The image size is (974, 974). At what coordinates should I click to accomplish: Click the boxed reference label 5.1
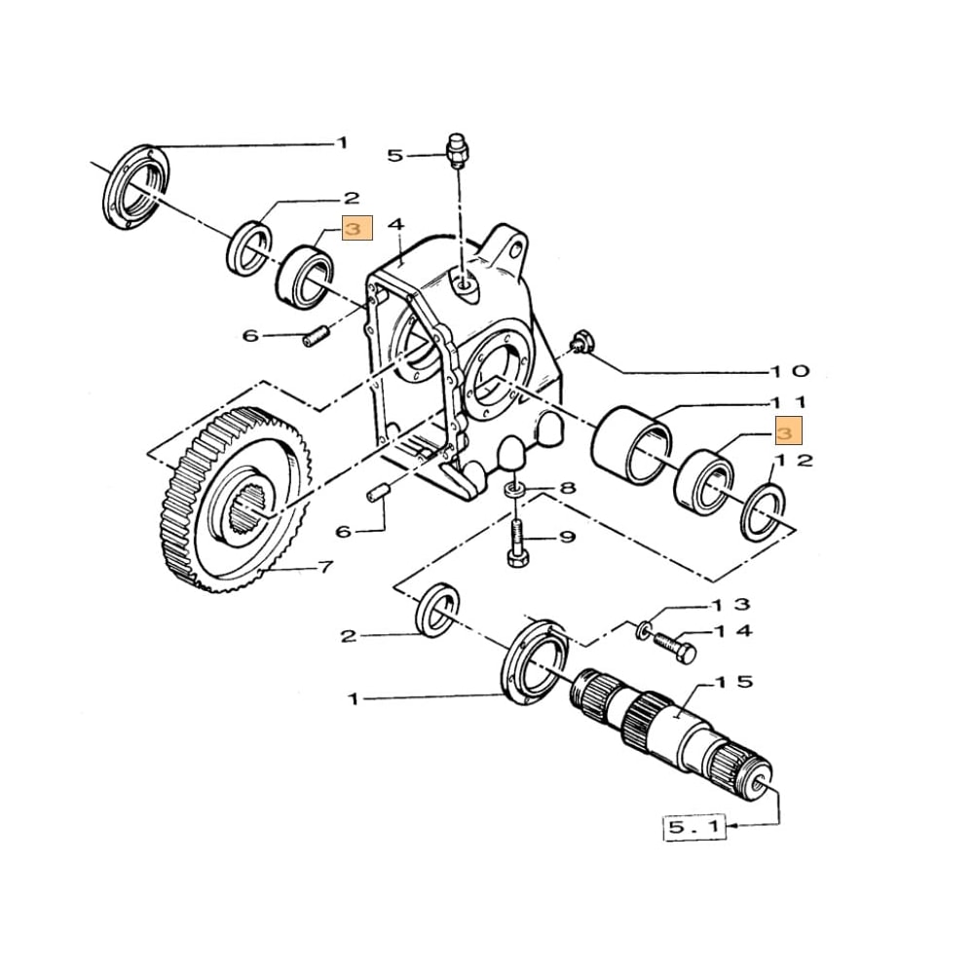point(693,828)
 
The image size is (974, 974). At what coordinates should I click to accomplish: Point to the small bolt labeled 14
point(671,647)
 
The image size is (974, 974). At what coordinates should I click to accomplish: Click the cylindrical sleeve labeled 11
point(630,447)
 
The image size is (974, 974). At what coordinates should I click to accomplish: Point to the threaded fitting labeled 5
point(454,150)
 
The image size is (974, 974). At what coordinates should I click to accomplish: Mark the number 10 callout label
point(788,371)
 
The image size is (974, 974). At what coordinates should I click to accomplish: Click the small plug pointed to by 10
point(580,342)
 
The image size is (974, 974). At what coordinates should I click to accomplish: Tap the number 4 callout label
point(395,225)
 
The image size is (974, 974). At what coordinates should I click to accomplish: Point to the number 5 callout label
point(394,155)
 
